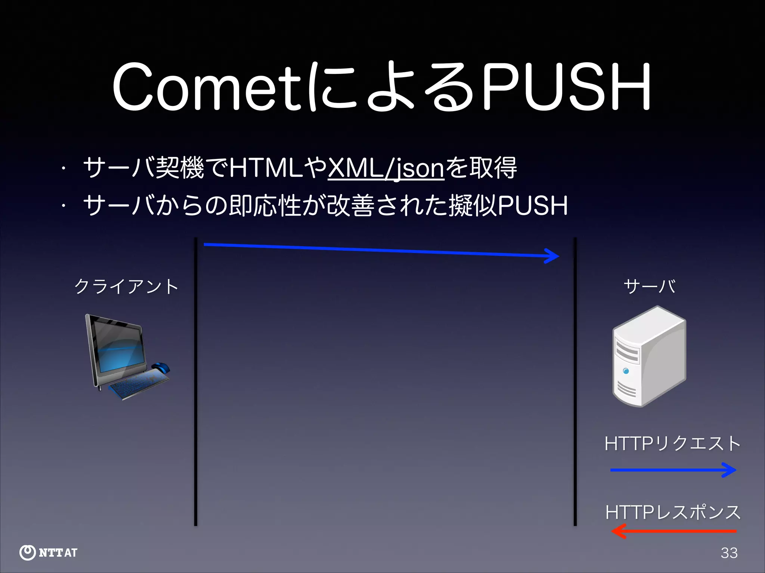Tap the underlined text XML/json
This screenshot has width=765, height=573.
click(x=386, y=169)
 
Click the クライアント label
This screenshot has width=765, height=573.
click(x=126, y=286)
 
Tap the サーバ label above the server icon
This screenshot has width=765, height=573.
click(x=650, y=286)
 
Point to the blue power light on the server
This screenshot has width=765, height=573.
click(x=626, y=371)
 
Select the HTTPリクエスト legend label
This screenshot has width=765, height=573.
click(x=672, y=444)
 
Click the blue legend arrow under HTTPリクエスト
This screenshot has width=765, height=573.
click(x=673, y=470)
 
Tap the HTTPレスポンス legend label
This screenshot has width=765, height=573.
click(x=672, y=512)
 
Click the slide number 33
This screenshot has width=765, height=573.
click(x=729, y=553)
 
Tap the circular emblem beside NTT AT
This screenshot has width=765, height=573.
click(x=27, y=552)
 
